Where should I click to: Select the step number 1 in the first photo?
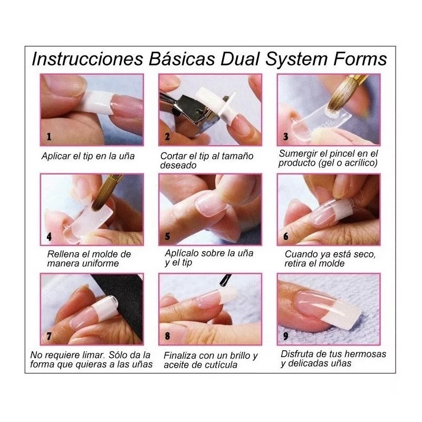(49, 137)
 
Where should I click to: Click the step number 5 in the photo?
(167, 237)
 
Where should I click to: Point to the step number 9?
(285, 335)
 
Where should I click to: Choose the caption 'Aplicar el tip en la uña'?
(88, 156)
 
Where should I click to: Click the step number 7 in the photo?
(49, 335)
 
